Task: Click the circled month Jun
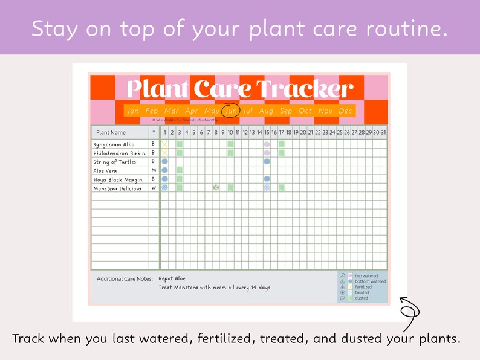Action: [230, 111]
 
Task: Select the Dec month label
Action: [345, 111]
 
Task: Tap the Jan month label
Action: [134, 111]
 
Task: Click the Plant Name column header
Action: [111, 132]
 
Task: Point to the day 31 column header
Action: [383, 132]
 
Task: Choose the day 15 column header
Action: [267, 132]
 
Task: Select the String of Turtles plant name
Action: [115, 162]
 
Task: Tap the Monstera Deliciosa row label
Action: [117, 188]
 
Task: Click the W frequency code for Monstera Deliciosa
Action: [154, 188]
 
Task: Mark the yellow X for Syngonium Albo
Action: [164, 144]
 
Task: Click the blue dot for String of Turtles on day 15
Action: [267, 162]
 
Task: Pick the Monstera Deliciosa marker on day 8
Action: [216, 188]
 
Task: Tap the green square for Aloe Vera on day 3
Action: [180, 170]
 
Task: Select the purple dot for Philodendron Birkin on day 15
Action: [267, 153]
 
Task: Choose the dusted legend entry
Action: [362, 298]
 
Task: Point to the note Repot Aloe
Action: [172, 278]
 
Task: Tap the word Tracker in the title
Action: [304, 89]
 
